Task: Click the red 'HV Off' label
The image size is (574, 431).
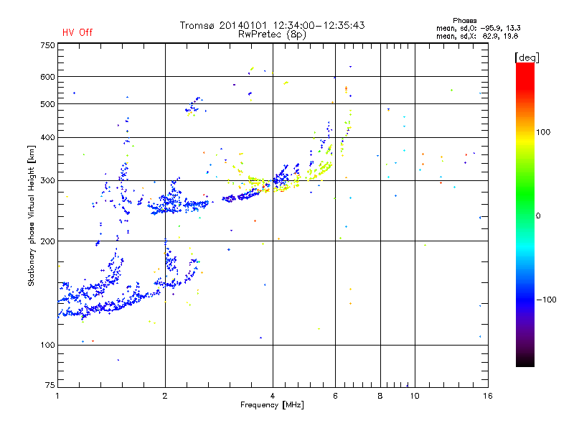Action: [77, 33]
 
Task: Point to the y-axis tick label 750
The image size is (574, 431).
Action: [47, 45]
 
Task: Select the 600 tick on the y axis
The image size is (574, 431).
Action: [47, 77]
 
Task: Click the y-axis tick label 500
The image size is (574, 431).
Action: [47, 104]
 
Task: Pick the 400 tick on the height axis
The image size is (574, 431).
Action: [47, 137]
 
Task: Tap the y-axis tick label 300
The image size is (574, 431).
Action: [47, 180]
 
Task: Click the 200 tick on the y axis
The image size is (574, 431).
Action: [47, 241]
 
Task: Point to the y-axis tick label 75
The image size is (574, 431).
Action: [50, 386]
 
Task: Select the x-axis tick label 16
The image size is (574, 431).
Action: [486, 396]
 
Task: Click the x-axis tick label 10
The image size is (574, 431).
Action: [414, 396]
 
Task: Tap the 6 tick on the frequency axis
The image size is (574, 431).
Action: [335, 396]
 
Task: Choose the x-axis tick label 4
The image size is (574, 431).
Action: [273, 396]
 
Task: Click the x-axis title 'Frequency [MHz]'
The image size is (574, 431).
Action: [272, 406]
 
